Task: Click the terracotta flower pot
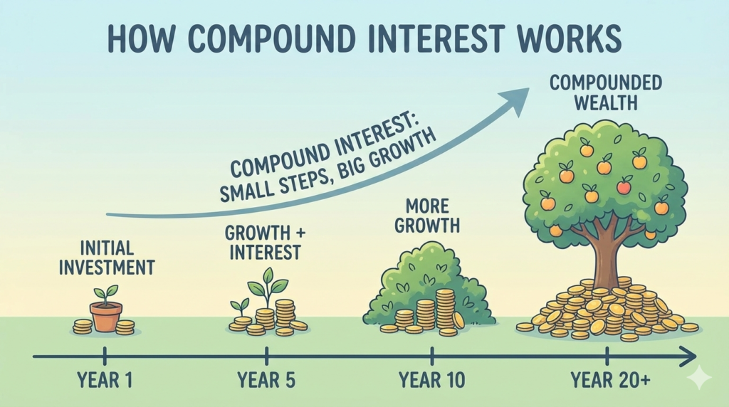(105, 316)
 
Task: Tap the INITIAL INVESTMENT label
(107, 258)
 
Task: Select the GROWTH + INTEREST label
(263, 242)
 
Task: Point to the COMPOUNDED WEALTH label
(605, 92)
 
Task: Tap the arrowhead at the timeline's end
(688, 354)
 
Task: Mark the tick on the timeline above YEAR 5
(266, 354)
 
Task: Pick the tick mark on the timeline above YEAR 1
(105, 354)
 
